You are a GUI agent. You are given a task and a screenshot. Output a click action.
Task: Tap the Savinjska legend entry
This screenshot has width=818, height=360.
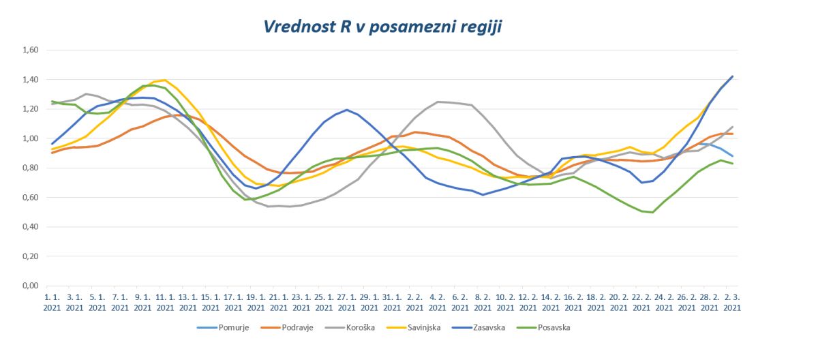[431, 327]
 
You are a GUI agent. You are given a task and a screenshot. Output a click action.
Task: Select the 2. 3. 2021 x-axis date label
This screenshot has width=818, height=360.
[732, 303]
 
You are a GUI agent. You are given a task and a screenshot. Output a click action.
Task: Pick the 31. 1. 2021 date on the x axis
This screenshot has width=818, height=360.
[392, 303]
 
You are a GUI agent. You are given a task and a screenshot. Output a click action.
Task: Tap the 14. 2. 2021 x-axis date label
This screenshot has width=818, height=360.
[551, 303]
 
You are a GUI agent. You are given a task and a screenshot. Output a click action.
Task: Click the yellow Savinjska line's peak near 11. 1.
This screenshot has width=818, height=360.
[165, 80]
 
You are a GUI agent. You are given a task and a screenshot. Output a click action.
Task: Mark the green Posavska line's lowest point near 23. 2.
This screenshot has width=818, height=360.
[652, 212]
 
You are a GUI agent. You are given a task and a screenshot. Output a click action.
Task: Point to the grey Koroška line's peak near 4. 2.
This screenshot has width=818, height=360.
[437, 102]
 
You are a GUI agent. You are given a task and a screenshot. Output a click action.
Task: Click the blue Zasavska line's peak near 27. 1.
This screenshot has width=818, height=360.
[347, 110]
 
